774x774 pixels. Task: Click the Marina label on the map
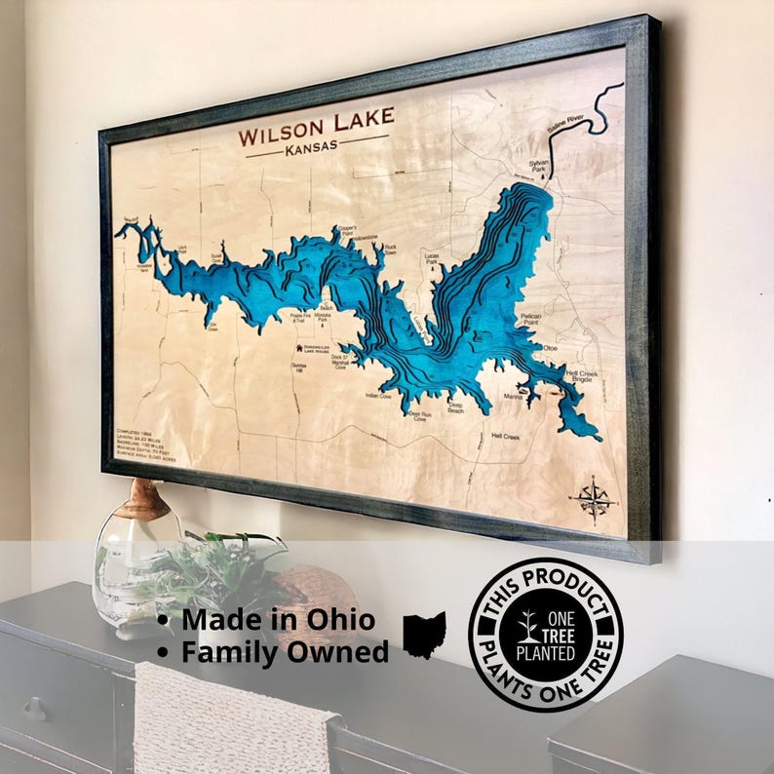514,397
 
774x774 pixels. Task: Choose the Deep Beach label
455,407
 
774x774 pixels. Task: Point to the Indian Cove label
378,396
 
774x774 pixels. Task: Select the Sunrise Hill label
299,368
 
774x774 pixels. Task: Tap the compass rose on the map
594,499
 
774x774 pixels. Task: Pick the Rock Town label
390,250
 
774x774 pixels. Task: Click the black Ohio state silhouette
424,634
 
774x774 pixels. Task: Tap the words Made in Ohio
278,619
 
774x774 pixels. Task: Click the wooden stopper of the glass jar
145,498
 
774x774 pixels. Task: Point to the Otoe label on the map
550,347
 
